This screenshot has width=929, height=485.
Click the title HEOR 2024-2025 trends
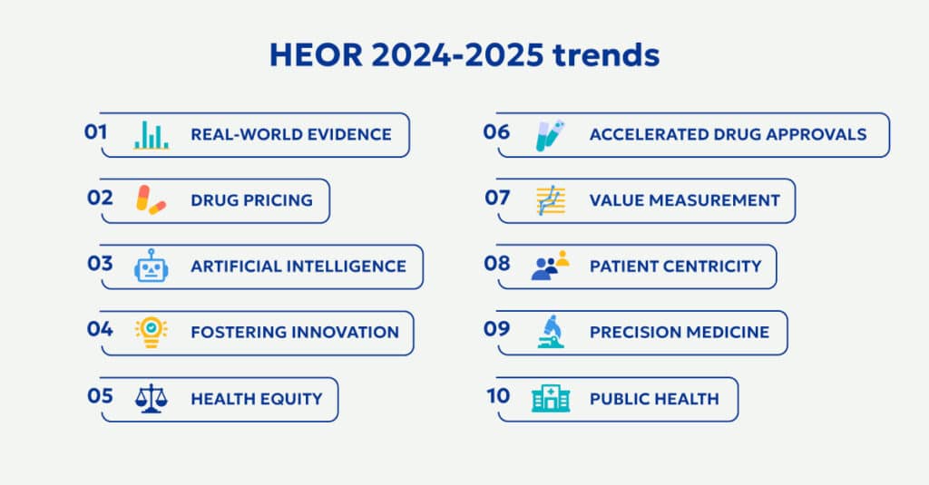click(x=464, y=56)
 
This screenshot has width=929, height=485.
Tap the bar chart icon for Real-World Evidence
click(x=152, y=134)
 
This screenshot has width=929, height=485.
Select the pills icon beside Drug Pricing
click(x=151, y=200)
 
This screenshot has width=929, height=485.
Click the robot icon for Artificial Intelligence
click(x=152, y=267)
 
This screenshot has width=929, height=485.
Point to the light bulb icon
click(x=152, y=332)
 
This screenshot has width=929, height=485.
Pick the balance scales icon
click(x=152, y=399)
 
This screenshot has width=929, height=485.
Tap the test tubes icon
click(x=551, y=134)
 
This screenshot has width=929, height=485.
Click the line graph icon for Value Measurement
click(x=551, y=200)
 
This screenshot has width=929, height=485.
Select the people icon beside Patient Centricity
click(x=550, y=267)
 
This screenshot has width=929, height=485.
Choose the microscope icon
click(x=551, y=332)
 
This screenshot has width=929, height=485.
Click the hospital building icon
click(x=551, y=399)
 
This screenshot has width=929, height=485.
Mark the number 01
click(x=96, y=132)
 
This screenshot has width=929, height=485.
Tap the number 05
click(x=100, y=397)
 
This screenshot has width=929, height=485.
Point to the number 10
click(x=498, y=397)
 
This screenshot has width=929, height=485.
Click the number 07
click(x=497, y=198)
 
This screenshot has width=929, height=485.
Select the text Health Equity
click(x=256, y=399)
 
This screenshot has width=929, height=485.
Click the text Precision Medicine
click(x=679, y=332)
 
